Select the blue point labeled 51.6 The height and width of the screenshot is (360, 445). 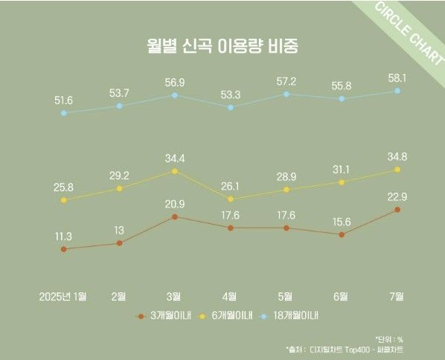click(x=64, y=113)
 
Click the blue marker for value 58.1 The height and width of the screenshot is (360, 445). click(x=397, y=91)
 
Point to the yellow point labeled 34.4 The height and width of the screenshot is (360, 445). click(x=174, y=170)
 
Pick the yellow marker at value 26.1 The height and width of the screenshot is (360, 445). click(x=231, y=199)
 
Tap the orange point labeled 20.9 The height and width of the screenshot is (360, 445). click(x=174, y=216)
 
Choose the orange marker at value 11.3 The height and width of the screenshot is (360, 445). click(x=64, y=249)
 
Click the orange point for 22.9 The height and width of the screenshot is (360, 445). click(x=397, y=210)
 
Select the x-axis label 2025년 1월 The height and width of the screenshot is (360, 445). click(x=63, y=296)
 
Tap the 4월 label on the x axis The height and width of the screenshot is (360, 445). click(x=231, y=296)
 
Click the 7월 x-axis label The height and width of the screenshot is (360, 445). click(x=397, y=296)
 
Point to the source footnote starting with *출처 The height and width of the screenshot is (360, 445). click(x=347, y=349)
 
